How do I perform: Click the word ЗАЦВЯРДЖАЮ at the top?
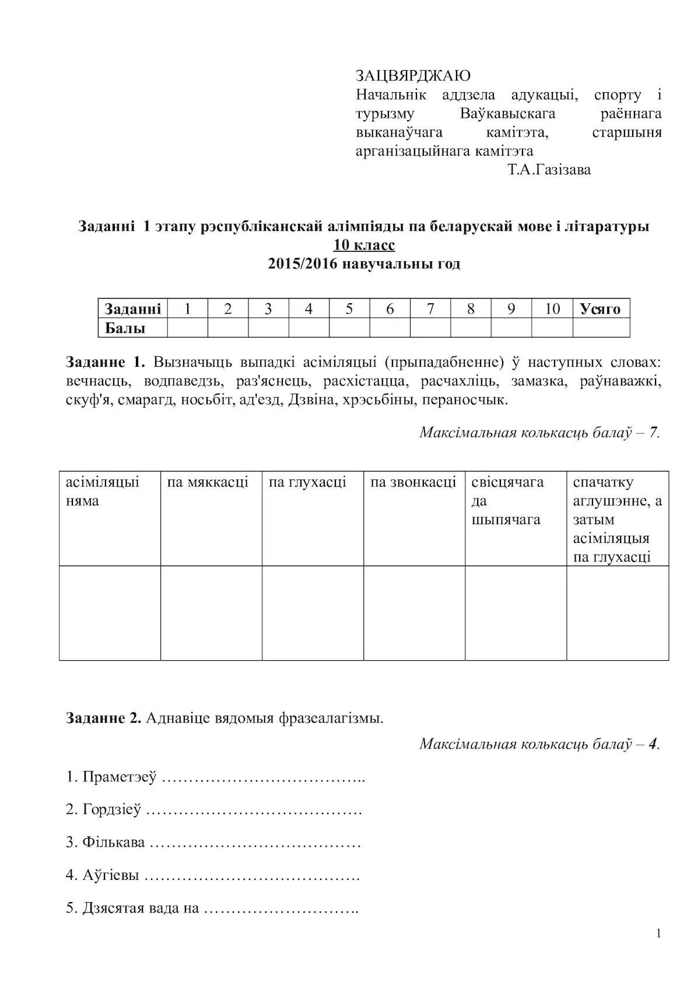click(x=413, y=76)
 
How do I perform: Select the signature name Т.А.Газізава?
click(x=549, y=170)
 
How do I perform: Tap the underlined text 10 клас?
click(x=364, y=245)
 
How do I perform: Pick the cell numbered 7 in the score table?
click(x=430, y=309)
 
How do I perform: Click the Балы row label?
click(x=125, y=328)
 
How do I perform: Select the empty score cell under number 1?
click(x=187, y=328)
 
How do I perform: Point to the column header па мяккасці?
click(x=208, y=482)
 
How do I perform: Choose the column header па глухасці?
click(x=307, y=482)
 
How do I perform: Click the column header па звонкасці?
click(x=413, y=482)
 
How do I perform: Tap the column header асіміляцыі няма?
click(x=102, y=491)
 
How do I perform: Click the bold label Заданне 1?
click(x=106, y=362)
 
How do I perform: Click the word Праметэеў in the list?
click(x=120, y=777)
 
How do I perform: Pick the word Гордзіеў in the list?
click(x=112, y=810)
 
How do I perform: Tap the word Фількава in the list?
click(x=114, y=843)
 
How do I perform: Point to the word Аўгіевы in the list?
click(x=111, y=875)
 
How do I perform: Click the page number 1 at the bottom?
click(x=658, y=934)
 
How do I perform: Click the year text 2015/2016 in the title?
click(x=302, y=264)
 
